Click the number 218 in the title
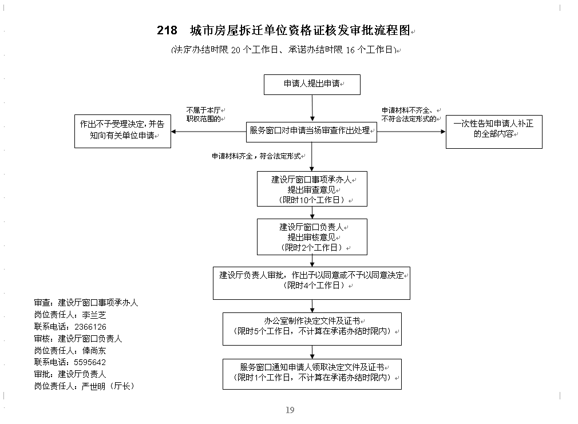tap(167, 30)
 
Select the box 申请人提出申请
tap(312, 85)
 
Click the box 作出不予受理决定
tap(122, 131)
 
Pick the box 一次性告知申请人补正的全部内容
tap(494, 132)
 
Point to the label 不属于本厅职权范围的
tap(205, 114)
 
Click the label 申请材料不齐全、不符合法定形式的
tap(411, 114)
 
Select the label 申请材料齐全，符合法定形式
tap(258, 156)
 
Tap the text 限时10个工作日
tap(312, 200)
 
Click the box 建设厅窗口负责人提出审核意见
tap(312, 237)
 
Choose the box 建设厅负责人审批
tap(311, 283)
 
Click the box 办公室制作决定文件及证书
tap(312, 329)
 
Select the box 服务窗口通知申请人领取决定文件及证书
tap(312, 374)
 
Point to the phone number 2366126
tap(90, 327)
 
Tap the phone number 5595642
tap(90, 362)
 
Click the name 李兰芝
tap(94, 315)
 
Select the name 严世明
tap(93, 386)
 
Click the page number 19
tap(290, 410)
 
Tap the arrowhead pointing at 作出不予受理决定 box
tap(173, 132)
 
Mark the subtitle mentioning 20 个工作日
tap(286, 50)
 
